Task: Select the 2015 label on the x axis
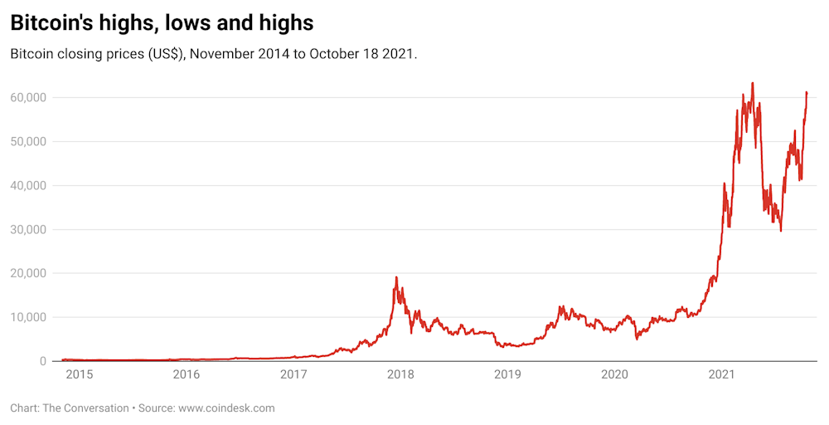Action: [79, 374]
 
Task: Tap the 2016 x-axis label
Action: [186, 374]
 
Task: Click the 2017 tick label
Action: [293, 374]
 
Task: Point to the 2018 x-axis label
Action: [400, 374]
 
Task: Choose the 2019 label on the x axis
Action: [507, 374]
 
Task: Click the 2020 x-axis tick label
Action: [614, 374]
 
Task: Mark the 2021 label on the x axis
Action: [722, 374]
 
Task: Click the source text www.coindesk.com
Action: [226, 408]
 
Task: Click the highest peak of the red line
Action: [752, 83]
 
